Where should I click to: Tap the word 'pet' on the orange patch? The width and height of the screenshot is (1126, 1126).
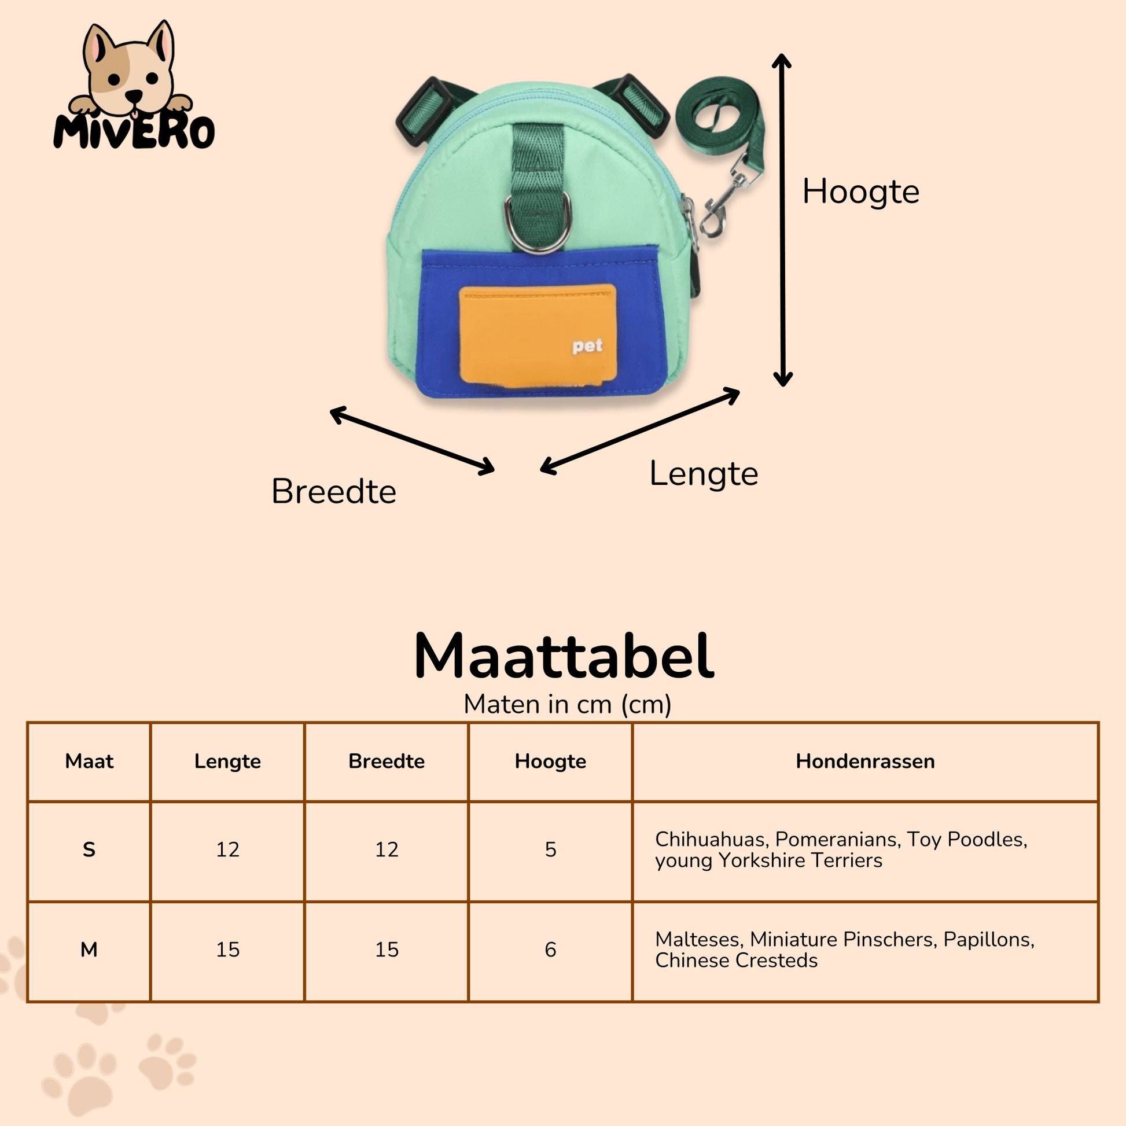pyautogui.click(x=587, y=346)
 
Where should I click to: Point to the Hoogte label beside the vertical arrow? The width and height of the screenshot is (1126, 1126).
pyautogui.click(x=861, y=191)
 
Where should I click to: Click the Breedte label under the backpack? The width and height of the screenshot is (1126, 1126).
pyautogui.click(x=334, y=491)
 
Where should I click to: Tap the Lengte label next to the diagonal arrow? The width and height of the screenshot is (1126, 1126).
pyautogui.click(x=704, y=473)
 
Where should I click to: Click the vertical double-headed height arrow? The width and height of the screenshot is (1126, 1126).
pyautogui.click(x=782, y=220)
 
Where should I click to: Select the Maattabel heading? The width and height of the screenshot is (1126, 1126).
pyautogui.click(x=564, y=656)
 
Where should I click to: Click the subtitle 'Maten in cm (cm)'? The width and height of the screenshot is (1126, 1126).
pyautogui.click(x=568, y=704)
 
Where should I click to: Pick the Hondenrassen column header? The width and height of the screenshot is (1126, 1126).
pyautogui.click(x=866, y=761)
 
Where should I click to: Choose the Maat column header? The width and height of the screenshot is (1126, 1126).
pyautogui.click(x=89, y=761)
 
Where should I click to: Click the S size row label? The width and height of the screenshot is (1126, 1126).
pyautogui.click(x=89, y=850)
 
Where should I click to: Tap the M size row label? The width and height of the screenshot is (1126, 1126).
pyautogui.click(x=89, y=950)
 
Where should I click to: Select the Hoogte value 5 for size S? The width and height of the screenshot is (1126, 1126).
pyautogui.click(x=551, y=850)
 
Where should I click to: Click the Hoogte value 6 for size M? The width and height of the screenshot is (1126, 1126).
pyautogui.click(x=551, y=950)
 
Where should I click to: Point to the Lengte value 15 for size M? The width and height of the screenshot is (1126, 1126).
pyautogui.click(x=228, y=950)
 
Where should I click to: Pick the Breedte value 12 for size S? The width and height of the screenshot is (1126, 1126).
pyautogui.click(x=387, y=850)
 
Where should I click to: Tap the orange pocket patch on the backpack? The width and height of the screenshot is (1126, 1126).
pyautogui.click(x=538, y=335)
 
